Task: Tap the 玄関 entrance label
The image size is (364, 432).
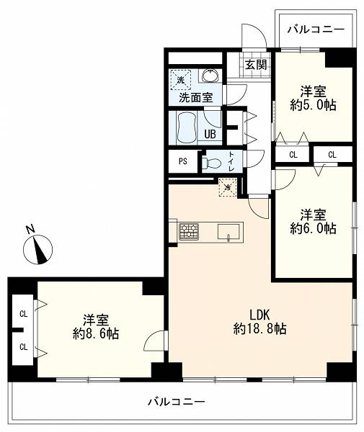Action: click(x=256, y=65)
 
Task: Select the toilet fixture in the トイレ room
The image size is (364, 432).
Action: click(x=211, y=163)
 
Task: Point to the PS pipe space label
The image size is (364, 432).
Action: click(x=183, y=161)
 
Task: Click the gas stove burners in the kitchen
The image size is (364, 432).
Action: click(x=189, y=231)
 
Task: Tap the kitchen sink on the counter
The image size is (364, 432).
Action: click(x=228, y=232)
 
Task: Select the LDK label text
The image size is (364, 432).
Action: click(x=259, y=315)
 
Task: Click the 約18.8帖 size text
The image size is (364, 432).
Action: click(x=259, y=329)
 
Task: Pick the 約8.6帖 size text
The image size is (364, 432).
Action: click(x=96, y=333)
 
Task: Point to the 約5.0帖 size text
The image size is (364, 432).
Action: click(x=313, y=105)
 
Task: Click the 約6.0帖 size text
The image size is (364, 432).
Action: click(x=313, y=228)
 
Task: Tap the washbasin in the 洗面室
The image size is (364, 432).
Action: click(x=211, y=76)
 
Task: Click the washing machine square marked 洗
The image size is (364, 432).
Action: click(x=181, y=80)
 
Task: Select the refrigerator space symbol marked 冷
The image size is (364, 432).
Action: click(x=228, y=188)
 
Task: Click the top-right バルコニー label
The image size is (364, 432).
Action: click(x=316, y=30)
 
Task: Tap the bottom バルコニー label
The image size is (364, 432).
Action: click(x=177, y=402)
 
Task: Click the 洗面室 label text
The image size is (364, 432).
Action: click(x=196, y=97)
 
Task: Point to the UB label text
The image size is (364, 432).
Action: click(x=210, y=134)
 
